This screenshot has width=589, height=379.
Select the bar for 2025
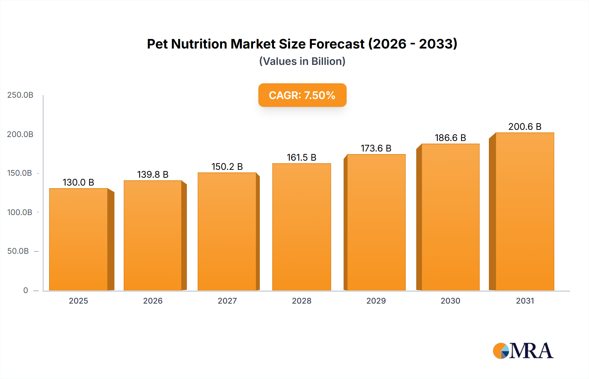pos(79,239)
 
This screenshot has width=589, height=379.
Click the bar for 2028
pos(301,227)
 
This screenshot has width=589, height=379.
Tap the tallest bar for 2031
pos(525,211)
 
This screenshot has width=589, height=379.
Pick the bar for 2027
pos(227,231)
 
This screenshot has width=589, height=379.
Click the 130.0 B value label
pos(78,182)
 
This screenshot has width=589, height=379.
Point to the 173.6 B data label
pos(376,148)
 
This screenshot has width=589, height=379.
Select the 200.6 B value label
pos(525,127)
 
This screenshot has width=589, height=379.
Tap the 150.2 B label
pos(227,167)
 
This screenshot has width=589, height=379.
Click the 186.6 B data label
pos(450,138)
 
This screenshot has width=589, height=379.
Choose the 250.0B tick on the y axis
pos(20,95)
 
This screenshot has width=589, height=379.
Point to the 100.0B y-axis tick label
pos(20,212)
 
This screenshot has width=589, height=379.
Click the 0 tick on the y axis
pos(26,290)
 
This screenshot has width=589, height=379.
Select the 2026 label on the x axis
pos(153,301)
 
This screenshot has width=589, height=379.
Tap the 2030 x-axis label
pos(450,301)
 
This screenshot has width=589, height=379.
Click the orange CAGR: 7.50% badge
pos(302,95)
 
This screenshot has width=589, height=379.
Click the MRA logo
pos(523,351)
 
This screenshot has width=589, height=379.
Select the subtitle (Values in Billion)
pos(302,61)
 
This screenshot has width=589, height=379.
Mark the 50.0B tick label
pos(18,251)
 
